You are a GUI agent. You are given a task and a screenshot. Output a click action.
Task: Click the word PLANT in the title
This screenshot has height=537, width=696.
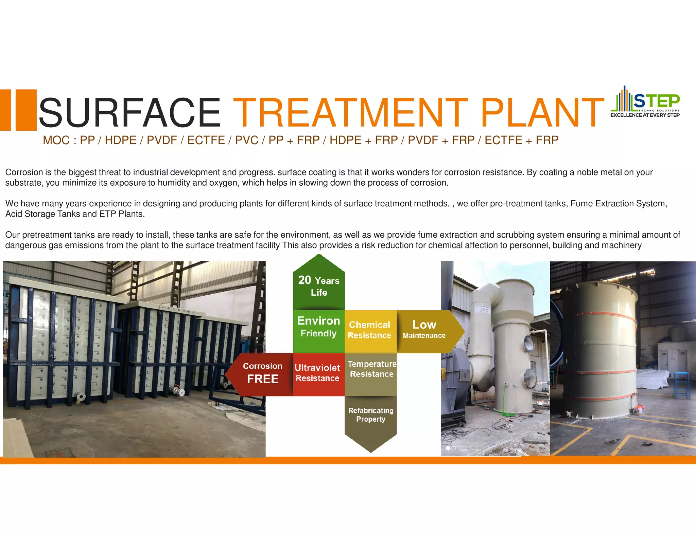[x=542, y=112]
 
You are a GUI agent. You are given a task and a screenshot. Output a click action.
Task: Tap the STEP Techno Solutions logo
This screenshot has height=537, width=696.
[x=645, y=101]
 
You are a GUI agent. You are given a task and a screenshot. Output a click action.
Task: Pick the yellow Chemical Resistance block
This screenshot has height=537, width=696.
[x=370, y=330]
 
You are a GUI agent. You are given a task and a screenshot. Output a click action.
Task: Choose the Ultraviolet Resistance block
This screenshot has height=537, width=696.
[x=318, y=373]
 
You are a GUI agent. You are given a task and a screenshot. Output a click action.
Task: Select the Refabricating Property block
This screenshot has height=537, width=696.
[x=371, y=415]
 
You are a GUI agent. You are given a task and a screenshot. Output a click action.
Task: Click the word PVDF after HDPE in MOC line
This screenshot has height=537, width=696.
[x=162, y=140]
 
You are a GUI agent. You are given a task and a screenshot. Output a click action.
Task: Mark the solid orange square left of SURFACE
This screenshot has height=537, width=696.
[x=26, y=110]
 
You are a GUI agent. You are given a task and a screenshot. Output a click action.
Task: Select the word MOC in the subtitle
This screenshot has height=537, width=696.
[x=56, y=140]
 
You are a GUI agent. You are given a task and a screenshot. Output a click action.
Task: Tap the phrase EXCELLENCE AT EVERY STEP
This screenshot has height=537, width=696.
[x=645, y=115]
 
